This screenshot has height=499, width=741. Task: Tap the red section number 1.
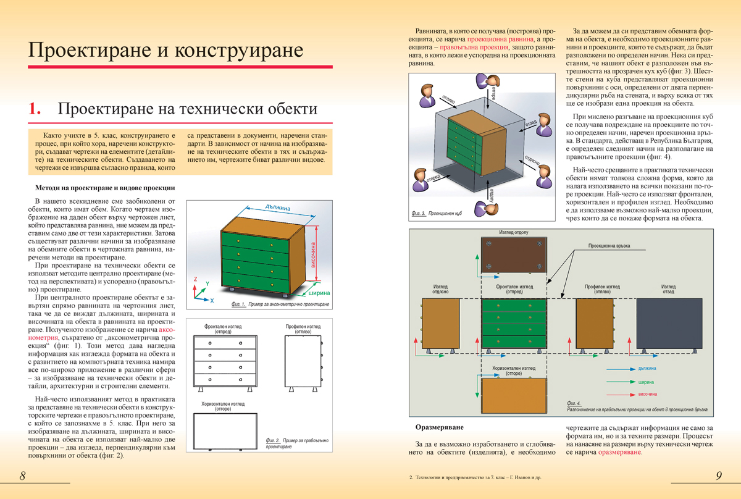[35, 109]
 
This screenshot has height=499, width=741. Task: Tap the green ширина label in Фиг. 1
[319, 293]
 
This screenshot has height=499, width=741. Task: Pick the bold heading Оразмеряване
[439, 427]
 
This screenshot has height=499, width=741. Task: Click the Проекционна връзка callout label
[609, 245]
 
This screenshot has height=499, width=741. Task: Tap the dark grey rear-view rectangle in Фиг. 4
[668, 325]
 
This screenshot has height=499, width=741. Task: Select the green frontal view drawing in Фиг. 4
[514, 325]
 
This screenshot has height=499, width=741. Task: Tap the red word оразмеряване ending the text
[620, 452]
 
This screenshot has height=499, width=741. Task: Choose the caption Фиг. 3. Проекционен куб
[437, 214]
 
